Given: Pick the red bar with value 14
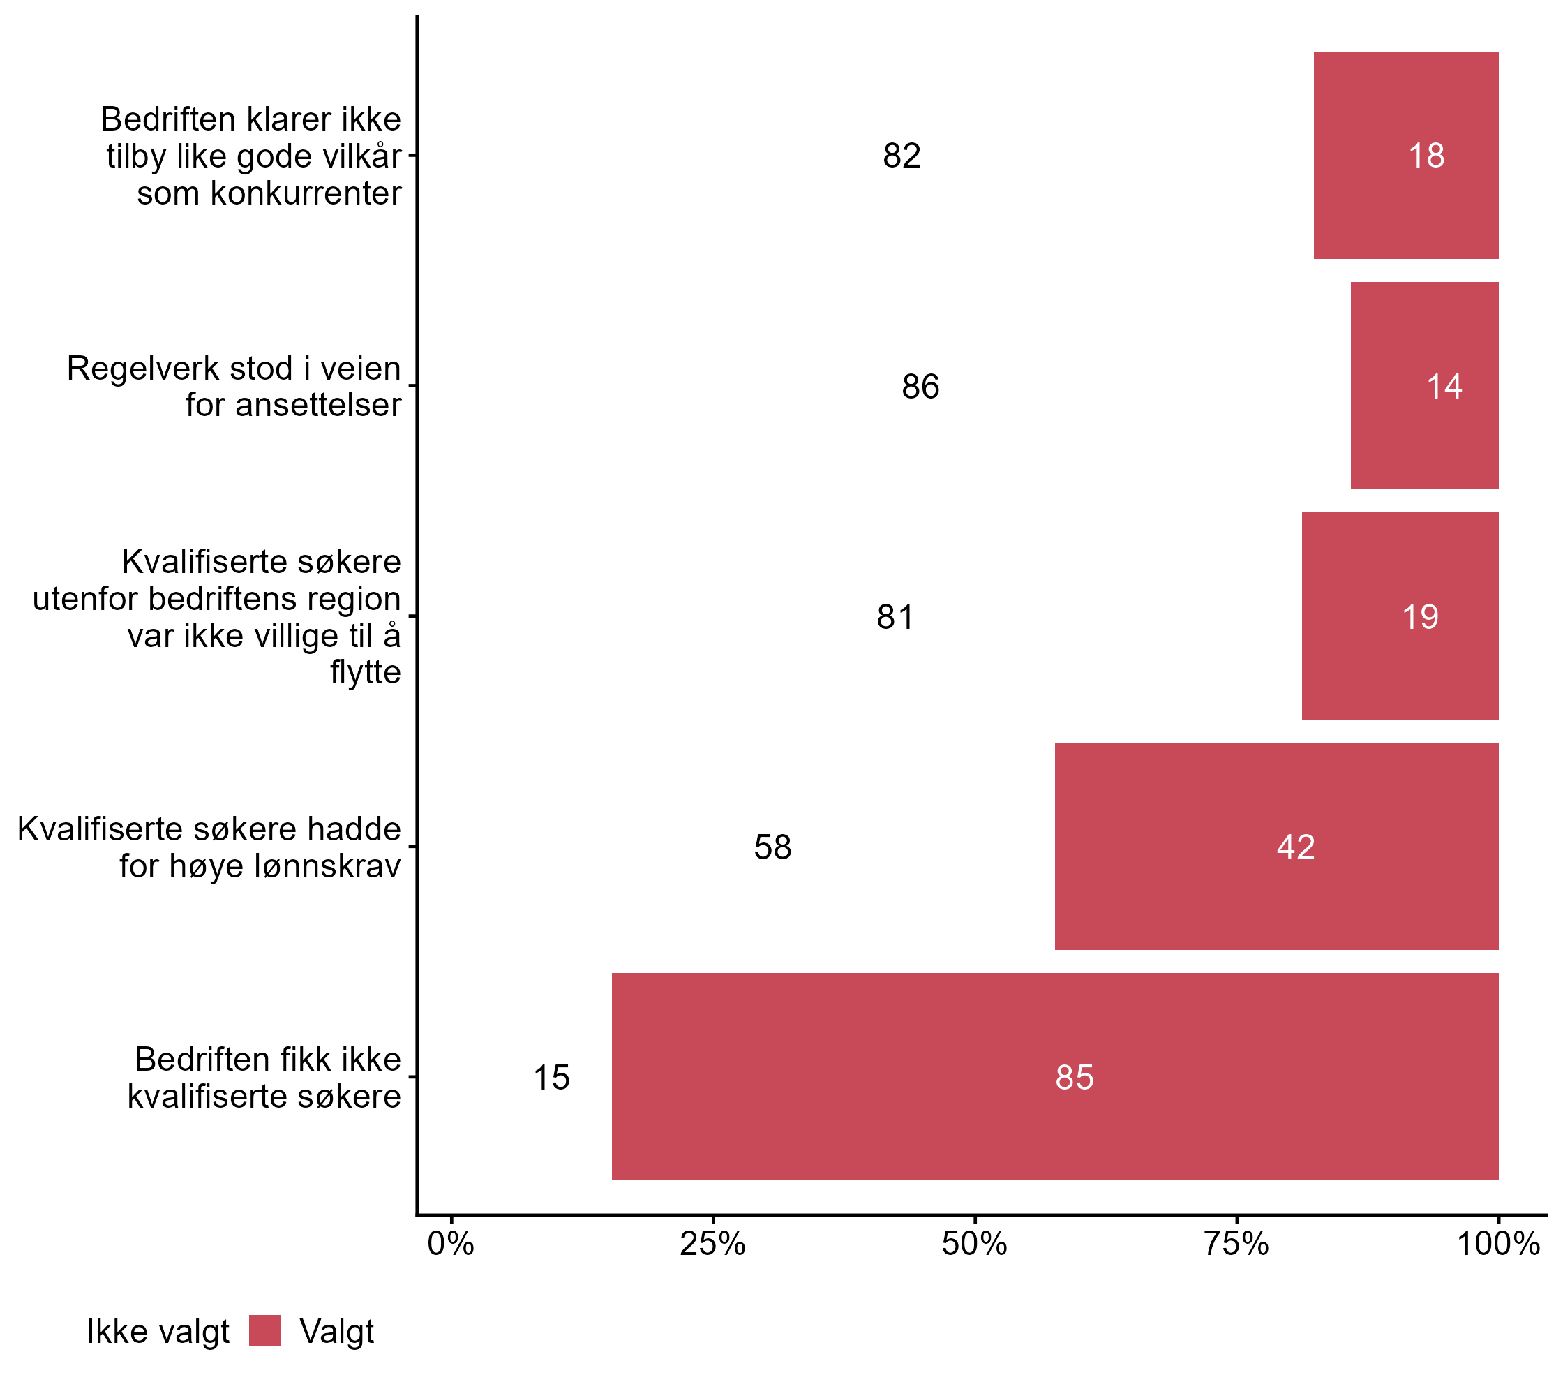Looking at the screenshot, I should pyautogui.click(x=1424, y=385).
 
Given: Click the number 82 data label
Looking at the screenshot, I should pyautogui.click(x=902, y=156).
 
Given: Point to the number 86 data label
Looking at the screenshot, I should pyautogui.click(x=920, y=386).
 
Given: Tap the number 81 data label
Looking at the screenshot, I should pyautogui.click(x=895, y=616).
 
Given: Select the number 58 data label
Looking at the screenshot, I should pyautogui.click(x=772, y=847).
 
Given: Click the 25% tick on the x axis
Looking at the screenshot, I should pyautogui.click(x=712, y=1244).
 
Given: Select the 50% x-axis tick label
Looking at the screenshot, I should pyautogui.click(x=974, y=1244).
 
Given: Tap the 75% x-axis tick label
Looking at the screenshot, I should pyautogui.click(x=1236, y=1244).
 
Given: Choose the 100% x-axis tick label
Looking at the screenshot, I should pyautogui.click(x=1497, y=1244).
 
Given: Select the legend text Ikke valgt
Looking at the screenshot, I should pyautogui.click(x=158, y=1332).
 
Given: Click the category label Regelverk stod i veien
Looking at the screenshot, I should pyautogui.click(x=233, y=368).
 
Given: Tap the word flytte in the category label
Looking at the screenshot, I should pyautogui.click(x=366, y=671).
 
